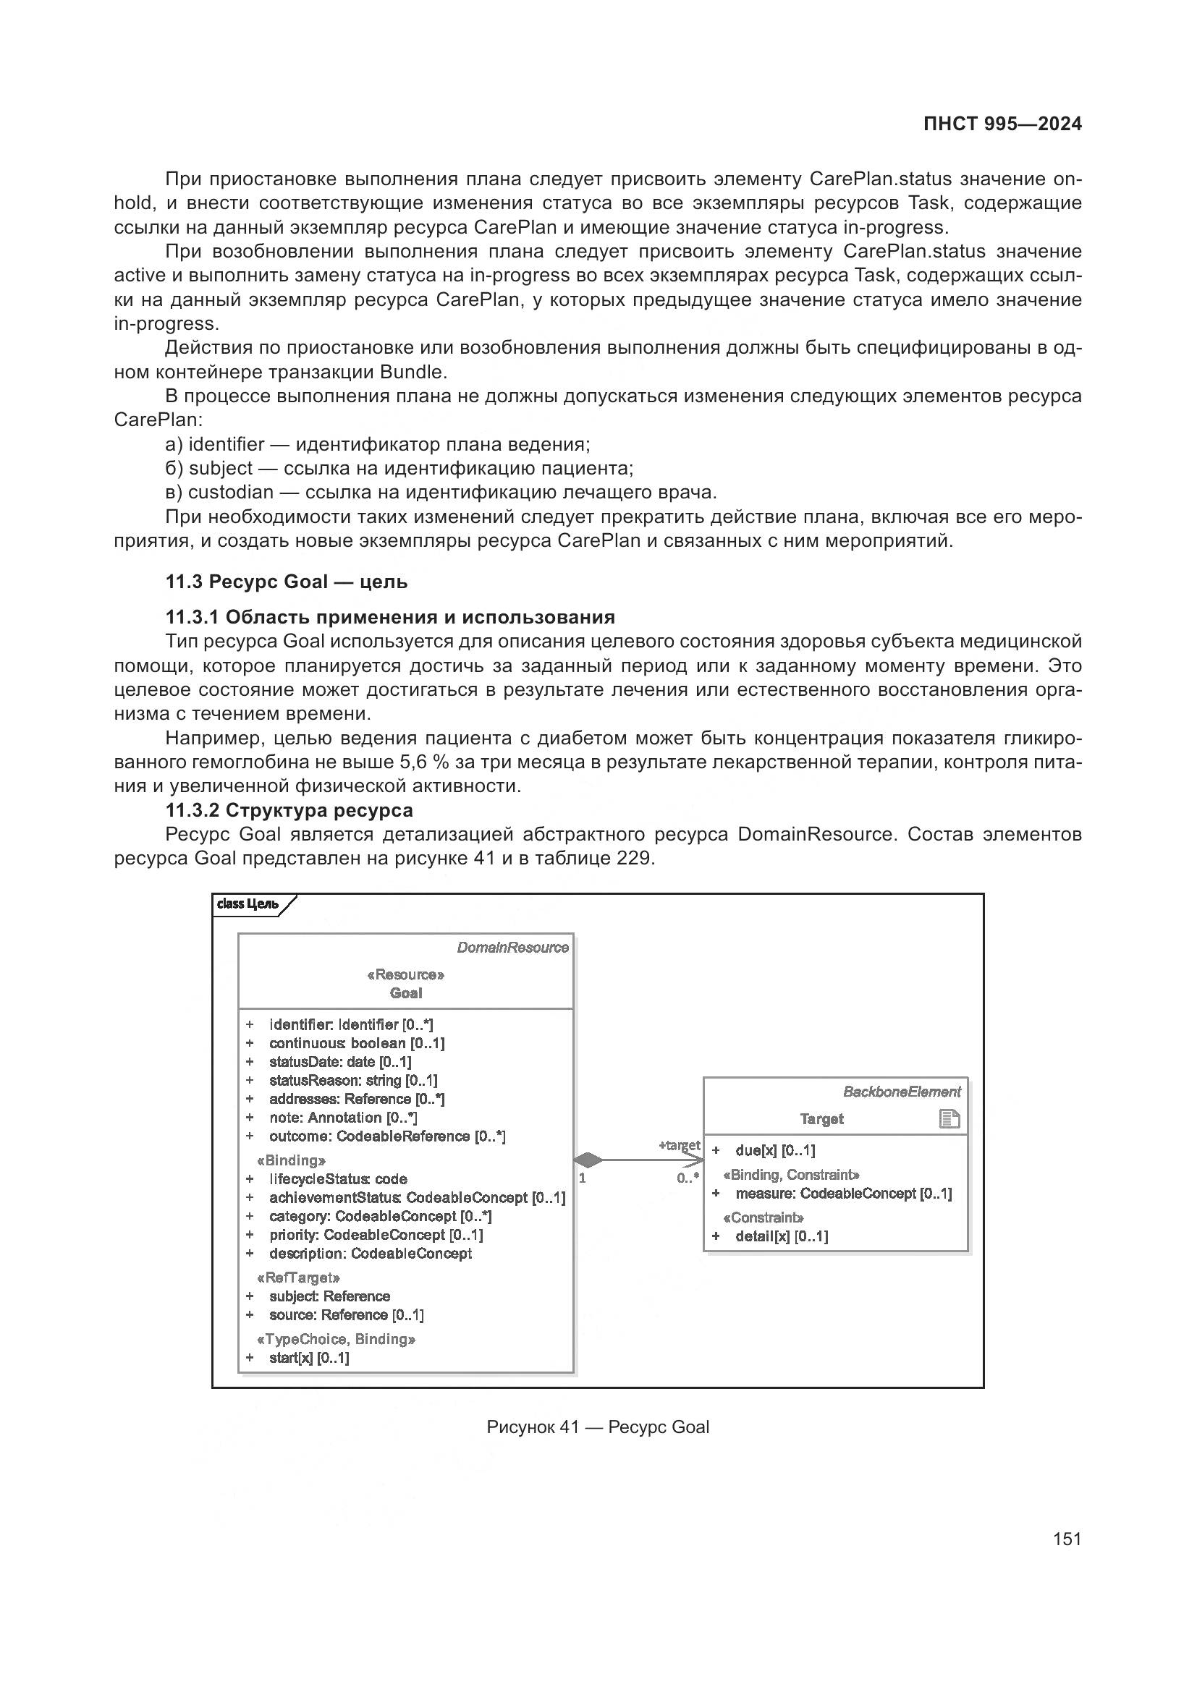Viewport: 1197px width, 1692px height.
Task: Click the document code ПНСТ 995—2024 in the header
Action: click(x=1002, y=124)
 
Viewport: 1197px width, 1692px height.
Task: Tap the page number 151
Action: click(x=1067, y=1539)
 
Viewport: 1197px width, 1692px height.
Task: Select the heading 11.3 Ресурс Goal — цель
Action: click(x=286, y=582)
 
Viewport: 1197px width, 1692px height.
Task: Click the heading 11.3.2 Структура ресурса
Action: click(x=289, y=810)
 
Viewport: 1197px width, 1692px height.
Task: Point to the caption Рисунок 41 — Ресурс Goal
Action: click(x=598, y=1447)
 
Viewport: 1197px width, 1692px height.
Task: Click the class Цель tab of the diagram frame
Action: click(x=248, y=904)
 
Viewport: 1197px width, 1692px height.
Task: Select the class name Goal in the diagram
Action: click(x=405, y=992)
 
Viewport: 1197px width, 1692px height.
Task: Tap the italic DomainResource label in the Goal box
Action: click(x=512, y=948)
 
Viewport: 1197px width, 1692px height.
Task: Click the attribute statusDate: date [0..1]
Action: click(x=340, y=1061)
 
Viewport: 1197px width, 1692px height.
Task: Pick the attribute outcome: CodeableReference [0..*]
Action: click(x=387, y=1136)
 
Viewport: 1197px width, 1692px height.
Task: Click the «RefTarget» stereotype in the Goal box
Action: click(x=297, y=1277)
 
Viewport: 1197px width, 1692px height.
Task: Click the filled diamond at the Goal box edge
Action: click(x=588, y=1160)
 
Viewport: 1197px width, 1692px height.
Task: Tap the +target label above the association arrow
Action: click(x=679, y=1146)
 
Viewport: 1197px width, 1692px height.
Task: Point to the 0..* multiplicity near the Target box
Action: click(x=688, y=1178)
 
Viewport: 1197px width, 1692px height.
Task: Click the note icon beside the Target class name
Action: click(x=949, y=1119)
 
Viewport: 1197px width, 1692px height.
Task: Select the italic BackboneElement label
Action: click(x=902, y=1092)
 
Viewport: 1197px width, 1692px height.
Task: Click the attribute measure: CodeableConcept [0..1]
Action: click(x=843, y=1193)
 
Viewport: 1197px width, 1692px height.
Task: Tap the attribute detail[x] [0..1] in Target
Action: click(x=782, y=1236)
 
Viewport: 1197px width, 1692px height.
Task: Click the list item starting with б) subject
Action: click(x=399, y=469)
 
